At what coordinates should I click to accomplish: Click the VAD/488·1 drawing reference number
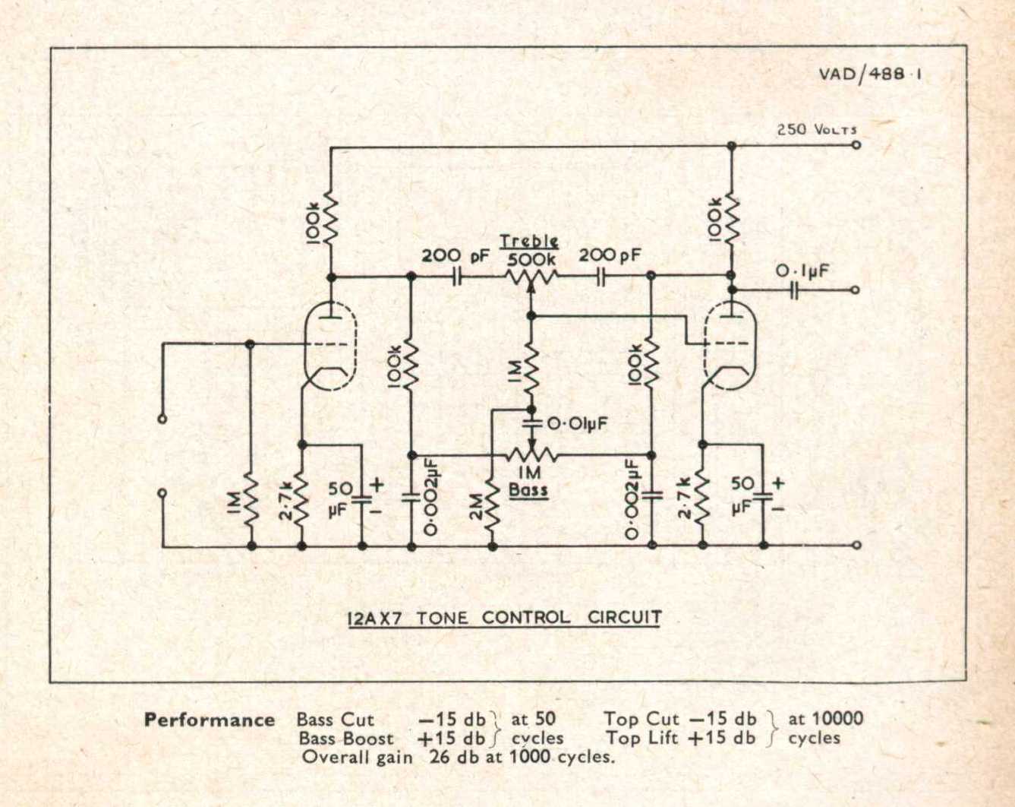coord(870,75)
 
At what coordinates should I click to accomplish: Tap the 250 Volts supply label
coord(817,129)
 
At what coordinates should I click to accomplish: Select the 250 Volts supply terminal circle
coord(856,145)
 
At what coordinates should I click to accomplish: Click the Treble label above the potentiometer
coord(529,242)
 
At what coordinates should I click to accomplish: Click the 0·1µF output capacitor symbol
coord(794,290)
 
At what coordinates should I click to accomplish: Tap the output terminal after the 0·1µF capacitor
coord(855,290)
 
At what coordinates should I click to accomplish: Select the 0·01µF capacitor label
coord(577,423)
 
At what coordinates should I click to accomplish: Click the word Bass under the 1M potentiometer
coord(528,490)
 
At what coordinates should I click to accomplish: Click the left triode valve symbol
coord(330,347)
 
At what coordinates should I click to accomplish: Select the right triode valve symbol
coord(730,347)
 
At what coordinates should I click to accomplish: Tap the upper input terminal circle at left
coord(162,419)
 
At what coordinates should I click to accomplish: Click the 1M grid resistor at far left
coord(251,502)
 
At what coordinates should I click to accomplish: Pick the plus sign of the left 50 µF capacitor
coord(377,485)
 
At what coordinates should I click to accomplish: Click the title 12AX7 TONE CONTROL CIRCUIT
coord(505,618)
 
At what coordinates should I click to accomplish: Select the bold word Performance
coord(210,720)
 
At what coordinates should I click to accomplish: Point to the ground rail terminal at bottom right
coord(857,546)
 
